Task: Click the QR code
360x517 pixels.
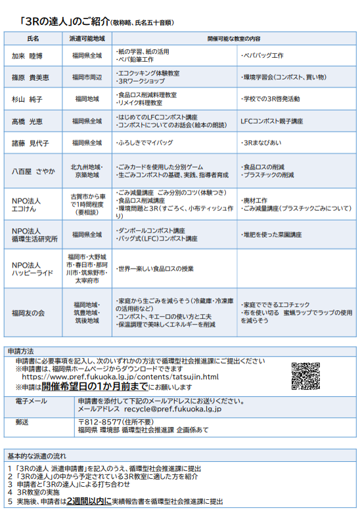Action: pos(305,375)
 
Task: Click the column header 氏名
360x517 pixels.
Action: pos(34,39)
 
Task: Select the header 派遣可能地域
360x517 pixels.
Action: pos(87,39)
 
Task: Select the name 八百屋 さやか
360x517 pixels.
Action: pos(34,171)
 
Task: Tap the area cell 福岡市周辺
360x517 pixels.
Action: pos(87,78)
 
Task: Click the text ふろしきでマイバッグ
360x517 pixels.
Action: pos(143,143)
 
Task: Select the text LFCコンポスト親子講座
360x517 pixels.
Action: pos(272,122)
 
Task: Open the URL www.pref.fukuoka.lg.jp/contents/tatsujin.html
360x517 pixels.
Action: pos(120,377)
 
